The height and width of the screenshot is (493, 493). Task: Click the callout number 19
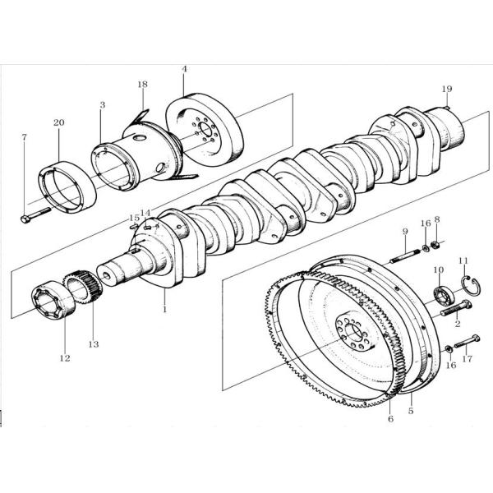446,88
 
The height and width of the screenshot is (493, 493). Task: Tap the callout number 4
184,69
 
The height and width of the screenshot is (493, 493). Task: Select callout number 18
142,85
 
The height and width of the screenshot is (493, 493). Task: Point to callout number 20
58,123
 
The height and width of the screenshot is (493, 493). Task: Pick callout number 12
65,358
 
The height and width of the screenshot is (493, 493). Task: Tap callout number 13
93,344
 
